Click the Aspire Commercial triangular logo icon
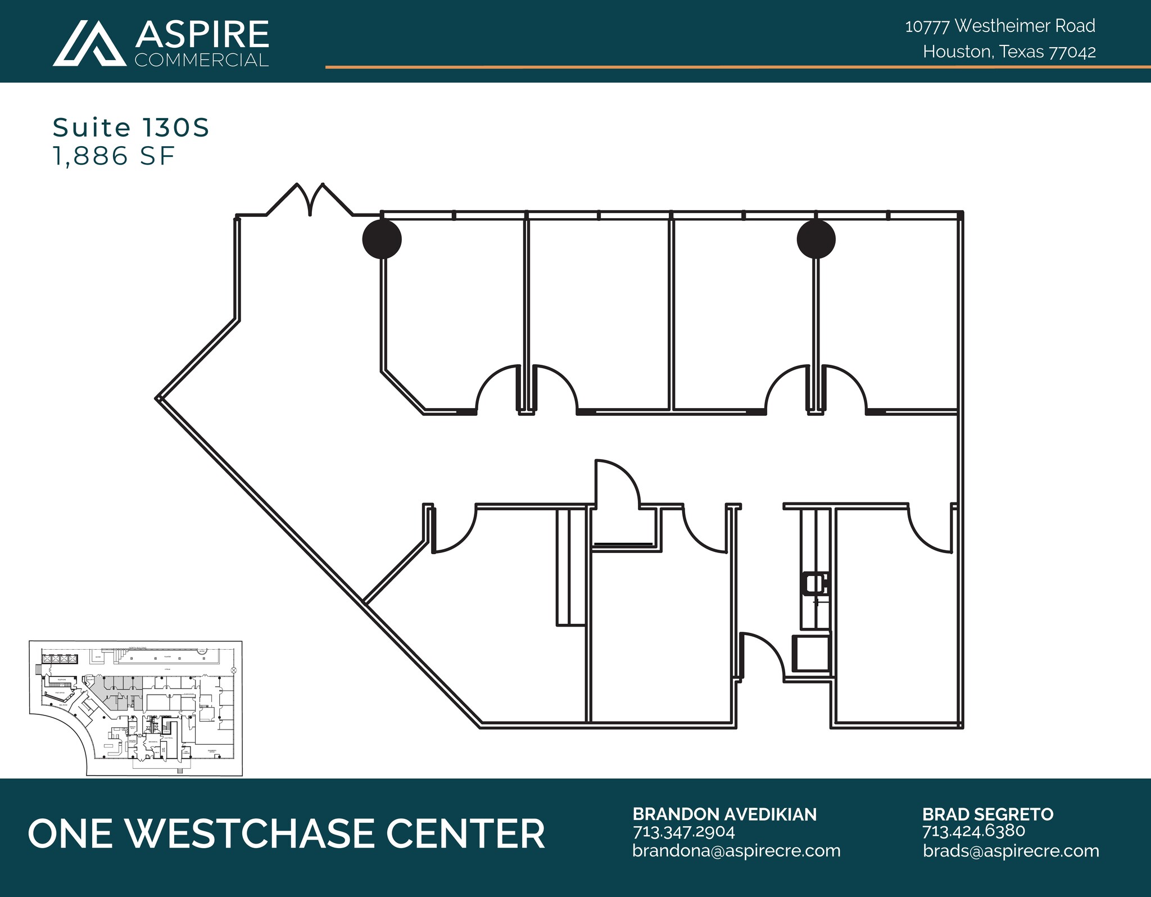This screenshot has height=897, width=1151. point(90,44)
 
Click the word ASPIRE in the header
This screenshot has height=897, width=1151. point(202,35)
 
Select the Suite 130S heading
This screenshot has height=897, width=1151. point(131,128)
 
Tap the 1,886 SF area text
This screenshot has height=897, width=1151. point(114,156)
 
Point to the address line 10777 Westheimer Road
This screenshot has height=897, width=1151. point(1000,26)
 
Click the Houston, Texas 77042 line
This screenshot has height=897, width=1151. point(1009,52)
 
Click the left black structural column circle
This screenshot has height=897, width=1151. point(382,239)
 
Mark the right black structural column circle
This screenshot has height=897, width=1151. point(816,239)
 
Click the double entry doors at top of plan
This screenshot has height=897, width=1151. point(310,200)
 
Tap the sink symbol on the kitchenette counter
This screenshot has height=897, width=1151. point(815,583)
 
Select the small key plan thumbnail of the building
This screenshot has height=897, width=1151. point(136,708)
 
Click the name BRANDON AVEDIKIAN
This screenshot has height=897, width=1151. point(724,814)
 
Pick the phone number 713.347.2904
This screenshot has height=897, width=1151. point(683,831)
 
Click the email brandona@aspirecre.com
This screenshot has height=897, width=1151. point(736,850)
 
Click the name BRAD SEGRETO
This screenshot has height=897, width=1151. point(987,814)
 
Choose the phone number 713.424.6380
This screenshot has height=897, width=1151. point(973,831)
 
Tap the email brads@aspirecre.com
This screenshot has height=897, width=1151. point(1010,850)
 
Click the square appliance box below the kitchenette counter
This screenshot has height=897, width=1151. point(812,653)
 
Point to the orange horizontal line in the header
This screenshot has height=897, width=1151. point(731,67)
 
